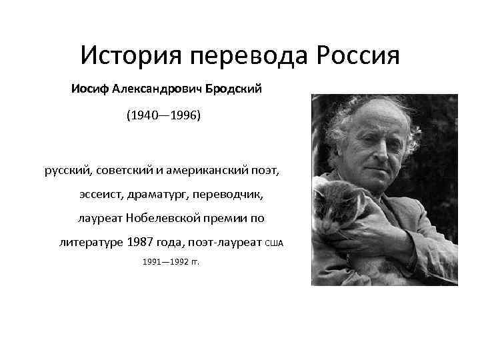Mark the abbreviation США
tap(274, 243)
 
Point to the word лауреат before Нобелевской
tap(100, 218)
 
